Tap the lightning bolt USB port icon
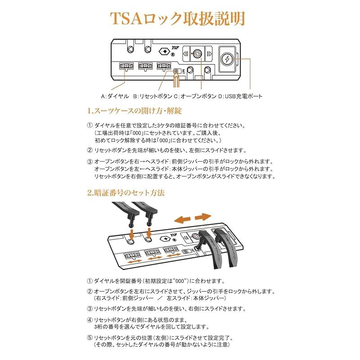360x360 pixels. (227, 59)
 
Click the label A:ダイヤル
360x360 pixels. (113, 96)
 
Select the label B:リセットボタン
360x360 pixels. (153, 96)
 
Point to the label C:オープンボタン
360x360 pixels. (195, 96)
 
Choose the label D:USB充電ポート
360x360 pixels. (240, 96)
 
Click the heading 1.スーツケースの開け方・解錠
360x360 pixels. (134, 111)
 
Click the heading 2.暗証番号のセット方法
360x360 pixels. (126, 193)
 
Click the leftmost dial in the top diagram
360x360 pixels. (126, 66)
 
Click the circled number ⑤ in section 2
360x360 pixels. (89, 337)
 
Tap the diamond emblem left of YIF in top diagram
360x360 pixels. (166, 51)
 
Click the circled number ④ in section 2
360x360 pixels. (89, 320)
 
